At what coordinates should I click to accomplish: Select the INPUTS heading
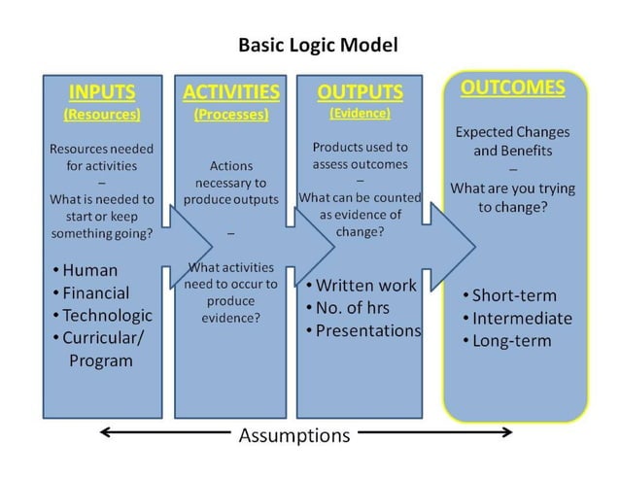point(102,92)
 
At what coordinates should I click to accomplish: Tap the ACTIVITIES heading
point(231,92)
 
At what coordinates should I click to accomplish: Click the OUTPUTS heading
point(360,92)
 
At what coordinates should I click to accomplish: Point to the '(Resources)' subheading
point(102,114)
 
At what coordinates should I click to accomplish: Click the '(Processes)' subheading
point(231,114)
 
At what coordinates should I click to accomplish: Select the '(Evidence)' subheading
point(360,113)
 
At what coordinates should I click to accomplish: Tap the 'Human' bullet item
point(88,270)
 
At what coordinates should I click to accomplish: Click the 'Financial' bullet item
point(95,292)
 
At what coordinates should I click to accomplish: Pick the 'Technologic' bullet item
point(107,315)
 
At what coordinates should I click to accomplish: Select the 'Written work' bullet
point(365,285)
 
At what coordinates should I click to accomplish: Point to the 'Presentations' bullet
point(368,330)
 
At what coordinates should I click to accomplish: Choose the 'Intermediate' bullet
point(522,318)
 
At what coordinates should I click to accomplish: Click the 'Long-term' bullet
point(511,340)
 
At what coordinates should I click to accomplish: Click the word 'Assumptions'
point(294,435)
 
